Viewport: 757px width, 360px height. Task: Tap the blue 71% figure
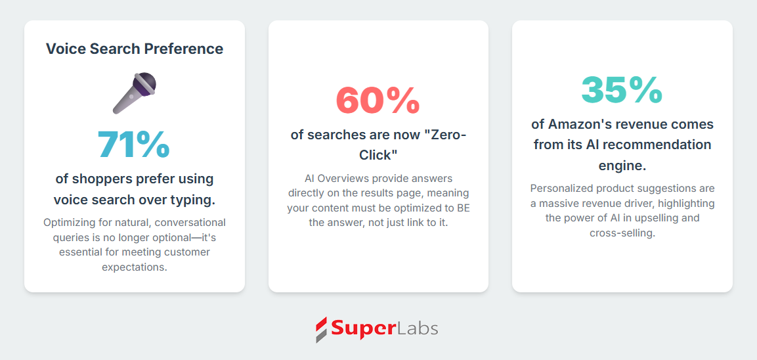pos(134,145)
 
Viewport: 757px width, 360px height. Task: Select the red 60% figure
pos(378,101)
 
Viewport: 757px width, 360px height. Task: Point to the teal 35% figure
pos(622,90)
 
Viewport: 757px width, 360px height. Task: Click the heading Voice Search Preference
pos(135,49)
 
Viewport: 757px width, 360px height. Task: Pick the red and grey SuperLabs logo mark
pos(322,330)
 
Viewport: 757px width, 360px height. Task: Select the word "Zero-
pos(443,134)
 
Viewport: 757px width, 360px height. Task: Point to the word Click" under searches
pos(378,155)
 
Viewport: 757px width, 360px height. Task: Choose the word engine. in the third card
pos(622,166)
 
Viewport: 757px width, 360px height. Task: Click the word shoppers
pos(100,179)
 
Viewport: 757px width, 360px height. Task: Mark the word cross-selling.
pos(622,233)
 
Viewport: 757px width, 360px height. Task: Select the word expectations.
pos(135,267)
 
